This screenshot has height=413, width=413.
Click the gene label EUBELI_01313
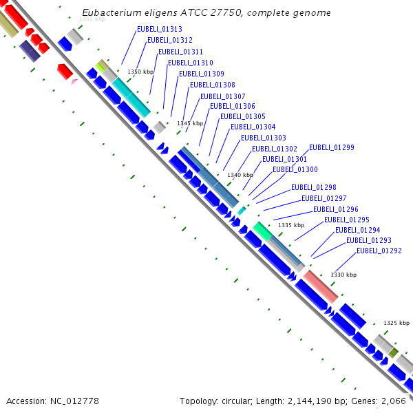pyautogui.click(x=160, y=29)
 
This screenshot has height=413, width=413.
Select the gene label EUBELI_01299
pyautogui.click(x=331, y=147)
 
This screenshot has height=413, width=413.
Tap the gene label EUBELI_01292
pyautogui.click(x=379, y=251)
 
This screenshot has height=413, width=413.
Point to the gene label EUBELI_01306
pyautogui.click(x=232, y=106)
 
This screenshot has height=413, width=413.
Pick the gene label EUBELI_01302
pyautogui.click(x=274, y=149)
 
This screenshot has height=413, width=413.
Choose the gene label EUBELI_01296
pyautogui.click(x=335, y=209)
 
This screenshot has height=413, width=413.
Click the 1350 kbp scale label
pyautogui.click(x=140, y=72)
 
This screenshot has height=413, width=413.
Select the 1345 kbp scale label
pyautogui.click(x=190, y=123)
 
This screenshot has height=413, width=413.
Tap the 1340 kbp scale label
pyautogui.click(x=240, y=175)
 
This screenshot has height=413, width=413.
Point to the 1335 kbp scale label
pyautogui.click(x=290, y=225)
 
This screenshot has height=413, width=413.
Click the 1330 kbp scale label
pyautogui.click(x=343, y=275)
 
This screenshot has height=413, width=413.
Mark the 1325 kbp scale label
pyautogui.click(x=396, y=323)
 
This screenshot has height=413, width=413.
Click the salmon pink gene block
pyautogui.click(x=320, y=286)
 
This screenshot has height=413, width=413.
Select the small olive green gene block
pyautogui.click(x=393, y=352)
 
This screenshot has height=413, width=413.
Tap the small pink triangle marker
pyautogui.click(x=74, y=81)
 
